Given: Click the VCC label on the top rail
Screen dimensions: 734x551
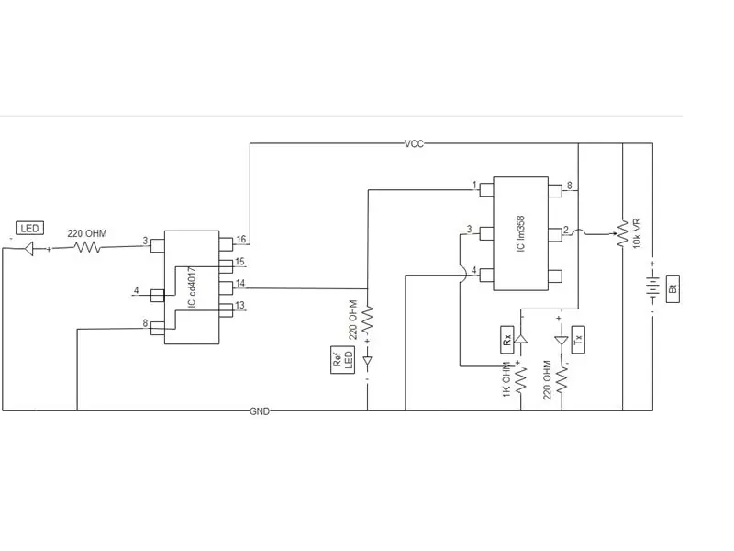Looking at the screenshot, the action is (x=414, y=143).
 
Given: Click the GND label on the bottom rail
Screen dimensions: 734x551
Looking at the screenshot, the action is (x=260, y=411).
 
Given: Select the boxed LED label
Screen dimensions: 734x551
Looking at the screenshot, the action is (x=29, y=228).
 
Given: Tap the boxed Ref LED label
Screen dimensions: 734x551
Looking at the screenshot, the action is (x=342, y=360).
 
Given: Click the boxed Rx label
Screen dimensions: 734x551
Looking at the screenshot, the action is (x=507, y=339).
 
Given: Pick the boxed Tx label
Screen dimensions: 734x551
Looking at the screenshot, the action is (x=578, y=339).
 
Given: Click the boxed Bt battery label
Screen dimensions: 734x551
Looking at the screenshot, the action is (x=673, y=289).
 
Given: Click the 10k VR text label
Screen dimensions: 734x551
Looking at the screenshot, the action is (x=637, y=233).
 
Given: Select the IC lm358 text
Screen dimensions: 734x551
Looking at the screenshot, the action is (x=521, y=234).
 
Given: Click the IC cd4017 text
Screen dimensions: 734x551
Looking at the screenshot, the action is (x=192, y=287).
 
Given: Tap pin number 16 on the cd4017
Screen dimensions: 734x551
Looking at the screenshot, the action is (x=241, y=240).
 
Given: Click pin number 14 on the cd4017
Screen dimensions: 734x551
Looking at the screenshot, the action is (x=240, y=283).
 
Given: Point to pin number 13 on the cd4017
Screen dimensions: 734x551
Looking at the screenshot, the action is (x=239, y=305).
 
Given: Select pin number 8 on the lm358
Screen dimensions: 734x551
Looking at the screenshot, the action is (x=569, y=186).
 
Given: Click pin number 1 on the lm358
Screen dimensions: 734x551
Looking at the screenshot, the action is (x=474, y=186).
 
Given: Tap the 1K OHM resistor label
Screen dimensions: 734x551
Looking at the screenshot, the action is (x=506, y=379).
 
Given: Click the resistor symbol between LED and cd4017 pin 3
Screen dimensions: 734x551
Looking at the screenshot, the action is (x=88, y=247).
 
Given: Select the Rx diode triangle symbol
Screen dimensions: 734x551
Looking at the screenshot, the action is (x=520, y=338).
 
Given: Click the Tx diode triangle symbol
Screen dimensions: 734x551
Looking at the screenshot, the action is (x=561, y=341).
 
